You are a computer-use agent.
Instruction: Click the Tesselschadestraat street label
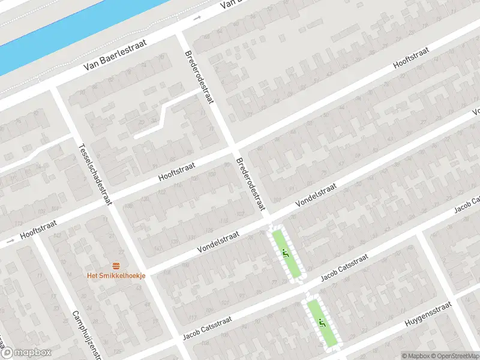(x=95, y=175)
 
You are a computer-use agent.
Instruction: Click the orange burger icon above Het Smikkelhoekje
(x=116, y=265)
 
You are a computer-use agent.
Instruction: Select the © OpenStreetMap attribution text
(x=454, y=355)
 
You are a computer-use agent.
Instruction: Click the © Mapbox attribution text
(x=415, y=355)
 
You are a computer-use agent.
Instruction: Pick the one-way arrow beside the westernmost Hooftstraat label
(x=8, y=242)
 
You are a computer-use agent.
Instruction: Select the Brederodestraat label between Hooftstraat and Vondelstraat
(x=251, y=184)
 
